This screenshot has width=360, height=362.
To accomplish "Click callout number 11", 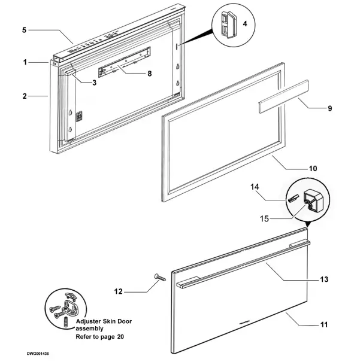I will [324, 325].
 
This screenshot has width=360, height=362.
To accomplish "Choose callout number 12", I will [118, 291].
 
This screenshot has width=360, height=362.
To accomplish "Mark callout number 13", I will [325, 279].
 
